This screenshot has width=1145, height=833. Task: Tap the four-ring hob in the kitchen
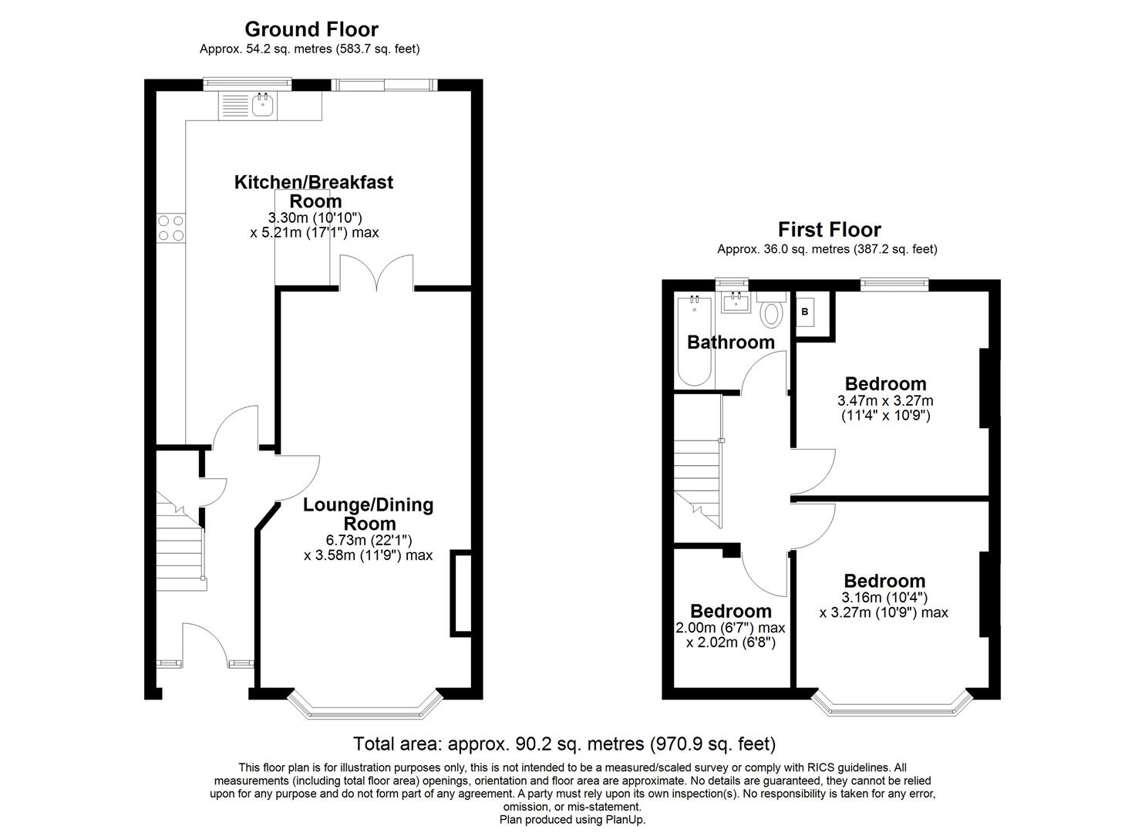pyautogui.click(x=171, y=228)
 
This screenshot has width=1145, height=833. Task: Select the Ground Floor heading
pyautogui.click(x=312, y=29)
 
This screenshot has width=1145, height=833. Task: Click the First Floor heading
pyautogui.click(x=829, y=229)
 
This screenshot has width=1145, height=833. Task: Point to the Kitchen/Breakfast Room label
pyautogui.click(x=314, y=191)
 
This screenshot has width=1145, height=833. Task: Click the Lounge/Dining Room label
pyautogui.click(x=369, y=514)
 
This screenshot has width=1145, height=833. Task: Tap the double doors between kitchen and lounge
pyautogui.click(x=376, y=273)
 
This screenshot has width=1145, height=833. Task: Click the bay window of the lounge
pyautogui.click(x=365, y=705)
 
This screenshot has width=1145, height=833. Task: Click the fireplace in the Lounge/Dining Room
pyautogui.click(x=461, y=593)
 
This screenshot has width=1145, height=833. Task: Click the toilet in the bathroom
pyautogui.click(x=770, y=313)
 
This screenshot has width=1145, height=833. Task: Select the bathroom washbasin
pyautogui.click(x=735, y=302)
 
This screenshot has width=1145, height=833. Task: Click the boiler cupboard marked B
pyautogui.click(x=806, y=312)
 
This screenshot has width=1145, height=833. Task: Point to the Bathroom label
pyautogui.click(x=730, y=342)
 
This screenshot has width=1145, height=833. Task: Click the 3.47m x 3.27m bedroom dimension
pyautogui.click(x=885, y=401)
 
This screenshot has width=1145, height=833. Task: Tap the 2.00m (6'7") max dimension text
pyautogui.click(x=730, y=628)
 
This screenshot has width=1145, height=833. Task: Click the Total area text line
pyautogui.click(x=564, y=744)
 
